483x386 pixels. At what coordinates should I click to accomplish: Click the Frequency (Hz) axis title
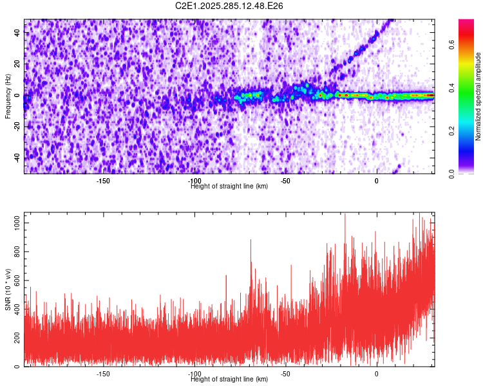(x=8, y=96)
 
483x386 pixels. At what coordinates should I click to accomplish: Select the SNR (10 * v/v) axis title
(x=8, y=289)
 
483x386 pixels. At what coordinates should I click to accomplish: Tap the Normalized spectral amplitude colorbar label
(x=478, y=96)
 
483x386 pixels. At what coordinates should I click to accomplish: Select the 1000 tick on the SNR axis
(x=14, y=223)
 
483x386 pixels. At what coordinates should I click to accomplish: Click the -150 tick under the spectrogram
(x=103, y=181)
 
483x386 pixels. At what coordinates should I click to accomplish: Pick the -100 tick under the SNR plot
(x=194, y=374)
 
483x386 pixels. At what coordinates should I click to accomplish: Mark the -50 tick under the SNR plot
(x=286, y=374)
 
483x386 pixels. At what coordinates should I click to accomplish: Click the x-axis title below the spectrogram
(x=229, y=187)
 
